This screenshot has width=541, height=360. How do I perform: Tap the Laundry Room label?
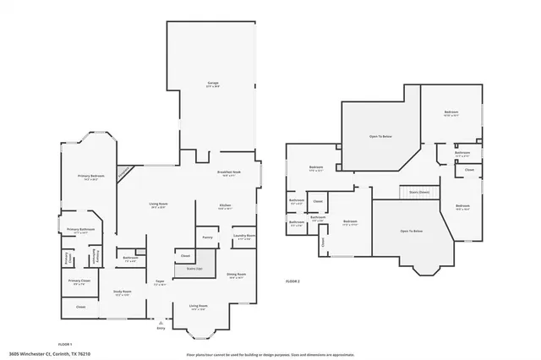pyautogui.click(x=244, y=237)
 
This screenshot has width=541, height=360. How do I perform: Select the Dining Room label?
pyautogui.click(x=236, y=275)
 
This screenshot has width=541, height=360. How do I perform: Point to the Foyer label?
pyautogui.click(x=159, y=283)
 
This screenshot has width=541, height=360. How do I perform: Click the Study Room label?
pyautogui.click(x=123, y=292)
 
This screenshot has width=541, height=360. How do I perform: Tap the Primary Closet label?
pyautogui.click(x=79, y=281)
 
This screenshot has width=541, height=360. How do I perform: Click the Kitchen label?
pyautogui.click(x=226, y=205)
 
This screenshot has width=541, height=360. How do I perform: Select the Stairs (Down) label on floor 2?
pyautogui.click(x=419, y=192)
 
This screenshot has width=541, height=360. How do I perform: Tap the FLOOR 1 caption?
pyautogui.click(x=65, y=345)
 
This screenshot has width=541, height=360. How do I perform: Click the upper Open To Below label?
pyautogui.click(x=380, y=136)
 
